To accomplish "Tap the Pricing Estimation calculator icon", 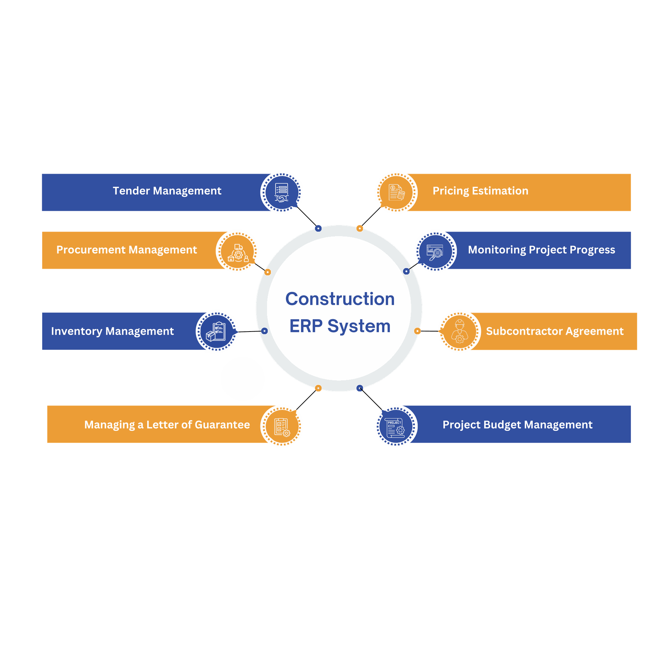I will tap(396, 192).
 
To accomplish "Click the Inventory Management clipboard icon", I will tap(217, 331).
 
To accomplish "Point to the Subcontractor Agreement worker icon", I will tap(459, 331).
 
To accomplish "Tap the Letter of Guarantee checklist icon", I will tap(281, 426).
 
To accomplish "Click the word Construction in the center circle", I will tap(340, 299).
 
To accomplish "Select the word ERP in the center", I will tap(306, 326).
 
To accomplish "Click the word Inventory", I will tap(77, 331).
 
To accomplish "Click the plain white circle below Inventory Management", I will tap(242, 379).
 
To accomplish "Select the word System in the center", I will tap(359, 326).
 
